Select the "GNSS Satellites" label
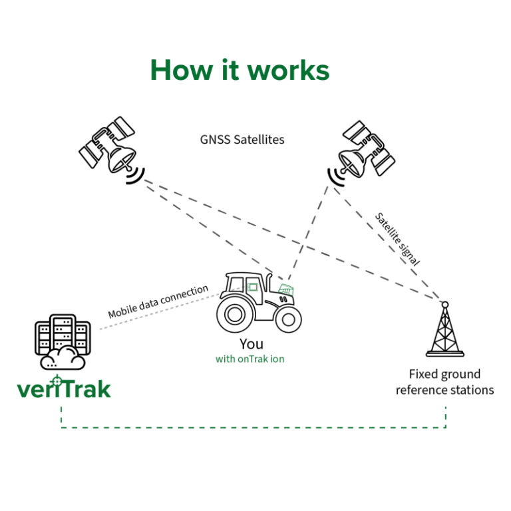pos(242,140)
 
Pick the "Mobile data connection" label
pos(158,301)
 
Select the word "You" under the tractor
pos(251,344)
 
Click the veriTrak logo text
pos(64,388)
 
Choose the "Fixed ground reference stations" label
pos(444,382)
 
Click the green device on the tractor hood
pos(285,289)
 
